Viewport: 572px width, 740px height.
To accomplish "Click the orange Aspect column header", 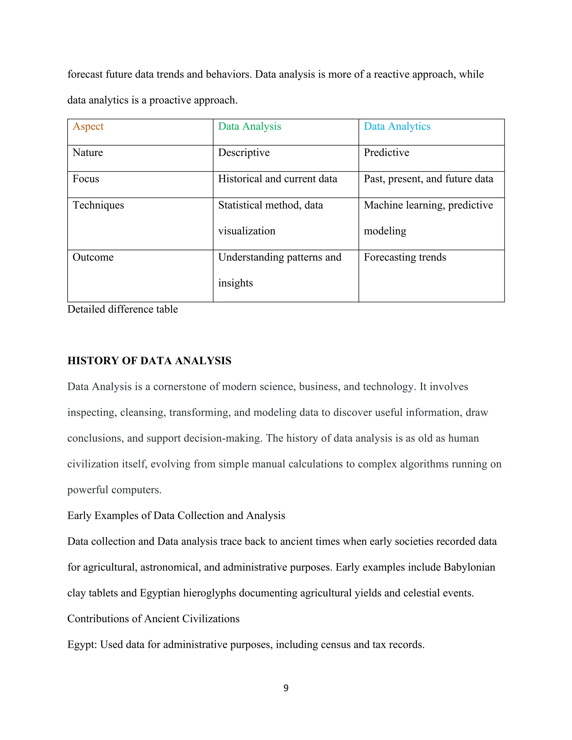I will [x=88, y=126].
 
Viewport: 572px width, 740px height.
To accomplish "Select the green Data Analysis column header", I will [x=249, y=126].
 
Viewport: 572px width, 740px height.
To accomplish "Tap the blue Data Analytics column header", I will [x=397, y=126].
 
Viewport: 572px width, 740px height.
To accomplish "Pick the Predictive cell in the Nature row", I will [x=386, y=152].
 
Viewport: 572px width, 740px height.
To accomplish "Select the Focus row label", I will [x=86, y=179].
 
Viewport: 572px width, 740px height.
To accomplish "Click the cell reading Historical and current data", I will [x=278, y=179].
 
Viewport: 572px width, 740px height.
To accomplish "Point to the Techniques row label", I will [x=98, y=205].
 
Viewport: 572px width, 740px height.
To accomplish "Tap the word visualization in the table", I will [x=247, y=231].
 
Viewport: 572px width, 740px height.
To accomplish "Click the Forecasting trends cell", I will [x=405, y=257].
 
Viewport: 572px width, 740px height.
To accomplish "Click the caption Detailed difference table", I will [x=122, y=309].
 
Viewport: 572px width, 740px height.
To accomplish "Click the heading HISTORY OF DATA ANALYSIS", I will [x=149, y=361].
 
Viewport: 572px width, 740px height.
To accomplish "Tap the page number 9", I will [x=286, y=688].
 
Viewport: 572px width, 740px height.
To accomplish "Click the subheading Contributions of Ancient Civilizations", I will [x=153, y=619].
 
